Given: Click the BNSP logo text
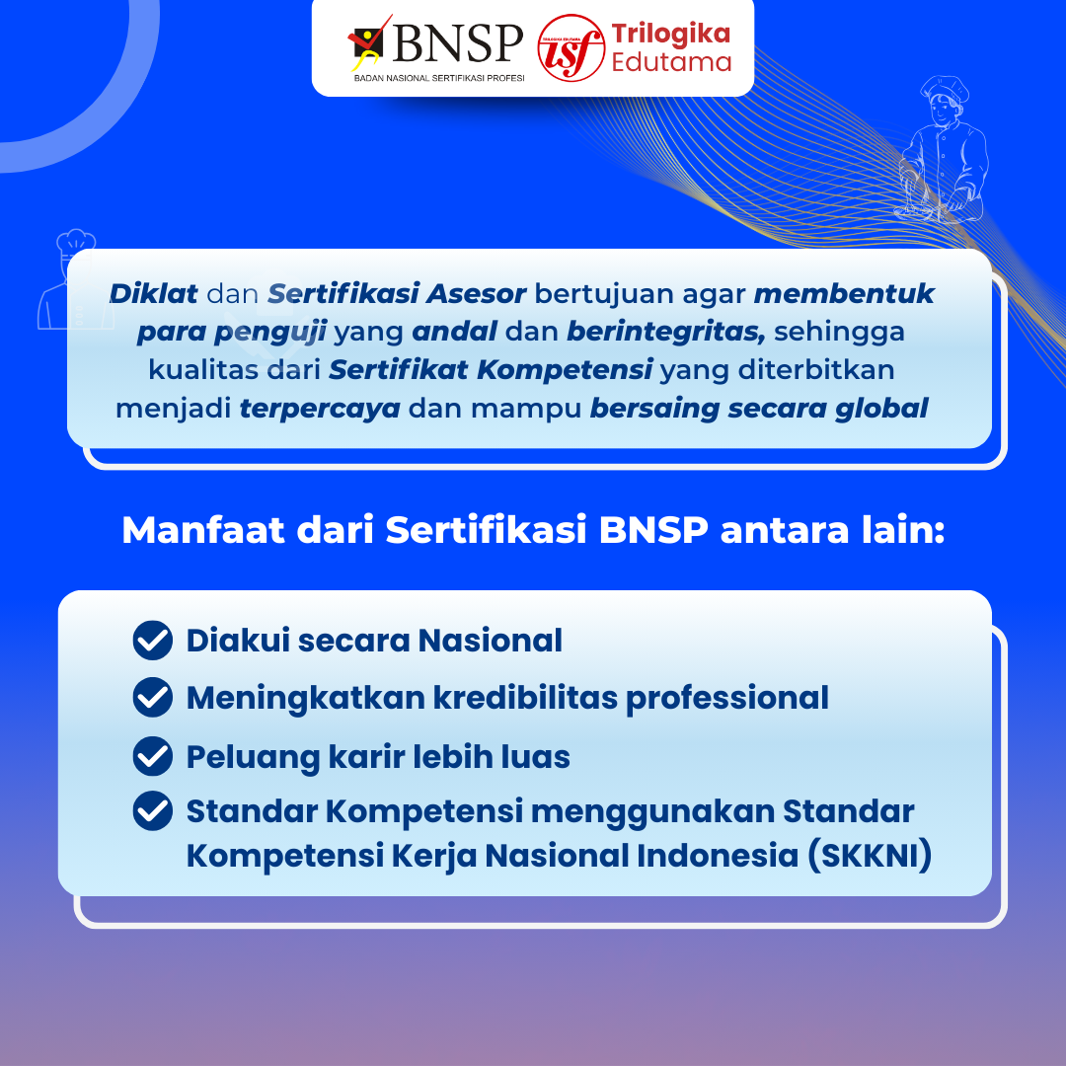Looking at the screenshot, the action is [x=458, y=44].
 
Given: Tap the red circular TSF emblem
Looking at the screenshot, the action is [x=571, y=48].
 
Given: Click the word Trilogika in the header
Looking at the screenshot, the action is [x=671, y=34].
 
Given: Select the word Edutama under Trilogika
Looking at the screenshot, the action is [x=671, y=62].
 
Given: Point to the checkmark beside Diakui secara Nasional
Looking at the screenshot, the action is [x=153, y=641].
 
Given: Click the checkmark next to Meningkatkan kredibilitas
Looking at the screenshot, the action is [x=153, y=697].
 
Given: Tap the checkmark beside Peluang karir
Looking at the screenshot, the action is [x=153, y=756].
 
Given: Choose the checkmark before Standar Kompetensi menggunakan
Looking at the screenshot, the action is [x=153, y=810].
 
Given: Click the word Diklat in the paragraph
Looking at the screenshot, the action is [x=154, y=294].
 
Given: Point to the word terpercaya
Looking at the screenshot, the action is [x=320, y=410].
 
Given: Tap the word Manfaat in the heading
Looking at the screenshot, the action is [x=203, y=530].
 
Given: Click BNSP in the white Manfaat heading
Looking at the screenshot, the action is [x=654, y=530].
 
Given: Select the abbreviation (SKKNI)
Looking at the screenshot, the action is [x=870, y=855].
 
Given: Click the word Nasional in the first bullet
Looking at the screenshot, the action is [x=491, y=641].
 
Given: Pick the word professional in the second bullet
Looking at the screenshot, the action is [x=726, y=699].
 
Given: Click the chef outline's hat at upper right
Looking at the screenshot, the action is [x=945, y=90].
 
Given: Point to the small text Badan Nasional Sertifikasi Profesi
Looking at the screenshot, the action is [x=439, y=78].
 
